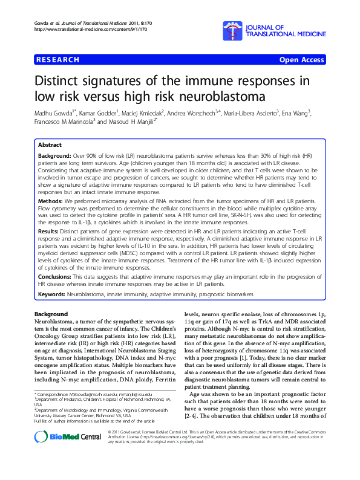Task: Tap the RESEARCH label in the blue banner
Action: click(58, 60)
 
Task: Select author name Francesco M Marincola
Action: click(61, 122)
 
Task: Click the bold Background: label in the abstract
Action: click(55, 156)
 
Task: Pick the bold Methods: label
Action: click(51, 200)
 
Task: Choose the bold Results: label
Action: click(50, 230)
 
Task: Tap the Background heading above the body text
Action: click(51, 314)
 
